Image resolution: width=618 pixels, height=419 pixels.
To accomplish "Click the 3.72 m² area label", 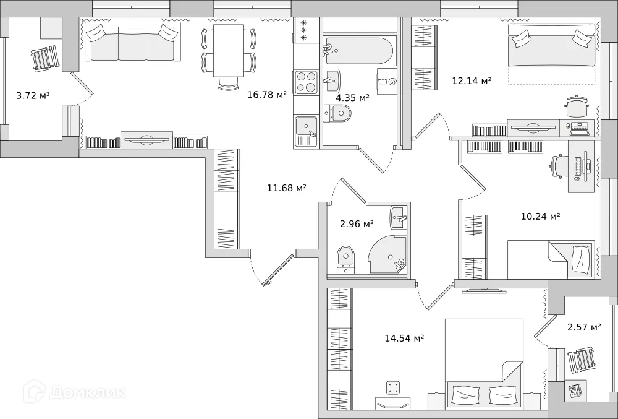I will coord(33,96).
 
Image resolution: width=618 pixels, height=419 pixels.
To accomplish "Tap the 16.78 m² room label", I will coord(267,95).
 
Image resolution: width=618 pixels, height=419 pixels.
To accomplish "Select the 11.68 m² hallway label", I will coord(286,188).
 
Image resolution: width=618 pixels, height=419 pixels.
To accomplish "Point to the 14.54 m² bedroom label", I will coord(404,339).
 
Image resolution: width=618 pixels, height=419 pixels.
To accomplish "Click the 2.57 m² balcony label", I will coord(584,327).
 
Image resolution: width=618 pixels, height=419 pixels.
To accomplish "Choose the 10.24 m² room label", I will coord(540,217).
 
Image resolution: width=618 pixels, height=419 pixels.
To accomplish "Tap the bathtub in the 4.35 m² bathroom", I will coord(358,51).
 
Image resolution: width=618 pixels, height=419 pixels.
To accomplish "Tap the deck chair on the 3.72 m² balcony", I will coord(44,59).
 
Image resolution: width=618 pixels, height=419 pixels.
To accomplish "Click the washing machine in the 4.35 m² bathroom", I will coord(387,81).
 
